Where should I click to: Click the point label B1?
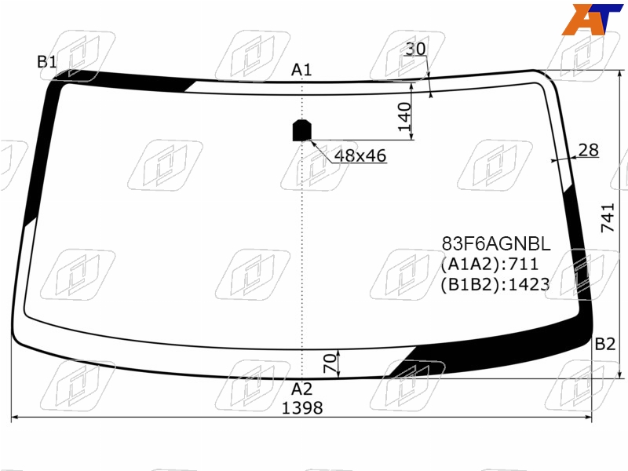[47, 62]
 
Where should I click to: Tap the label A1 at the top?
[301, 70]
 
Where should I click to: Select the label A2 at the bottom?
[301, 389]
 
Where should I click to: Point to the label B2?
[604, 344]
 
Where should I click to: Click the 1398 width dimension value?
[302, 408]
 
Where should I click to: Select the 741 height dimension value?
[608, 217]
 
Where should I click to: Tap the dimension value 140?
[404, 116]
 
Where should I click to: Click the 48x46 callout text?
[360, 155]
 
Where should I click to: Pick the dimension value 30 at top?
[415, 49]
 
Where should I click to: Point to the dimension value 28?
[588, 150]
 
